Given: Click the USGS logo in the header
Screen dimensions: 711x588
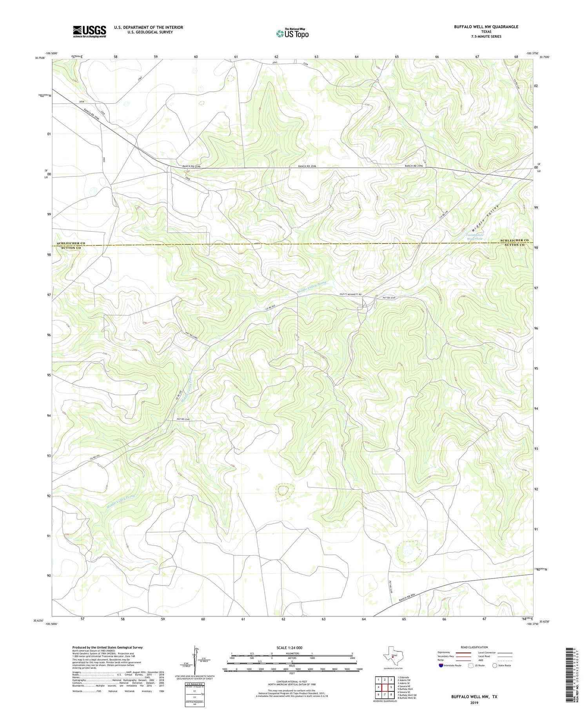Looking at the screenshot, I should [x=89, y=31].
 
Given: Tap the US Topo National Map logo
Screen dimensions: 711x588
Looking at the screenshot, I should [x=292, y=33].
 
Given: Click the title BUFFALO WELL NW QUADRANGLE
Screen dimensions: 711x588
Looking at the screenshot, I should [x=486, y=27].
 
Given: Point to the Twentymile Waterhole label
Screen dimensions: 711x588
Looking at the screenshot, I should [x=474, y=237].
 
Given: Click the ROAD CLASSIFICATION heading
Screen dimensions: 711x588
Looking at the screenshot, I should [x=474, y=647].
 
